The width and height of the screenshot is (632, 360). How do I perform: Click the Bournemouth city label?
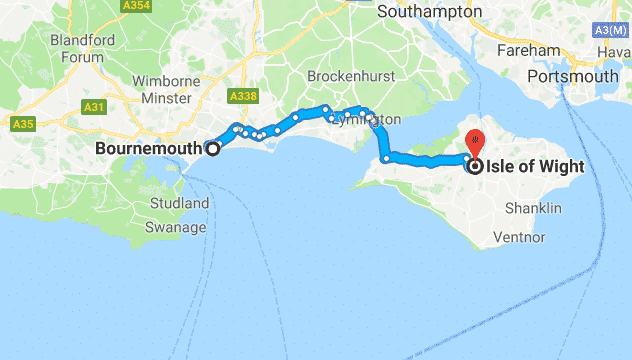click(x=149, y=149)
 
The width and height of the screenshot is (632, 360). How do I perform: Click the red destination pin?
click(x=476, y=141)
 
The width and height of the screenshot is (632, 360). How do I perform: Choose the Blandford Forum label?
click(x=75, y=49)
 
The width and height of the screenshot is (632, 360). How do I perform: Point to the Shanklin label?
click(x=533, y=208)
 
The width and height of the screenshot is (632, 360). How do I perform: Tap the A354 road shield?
click(x=137, y=6)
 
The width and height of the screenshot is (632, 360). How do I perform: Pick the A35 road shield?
click(x=24, y=124)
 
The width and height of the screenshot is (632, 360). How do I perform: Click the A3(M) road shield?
click(x=612, y=29)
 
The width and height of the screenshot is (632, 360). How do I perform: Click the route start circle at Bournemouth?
click(x=212, y=148)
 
